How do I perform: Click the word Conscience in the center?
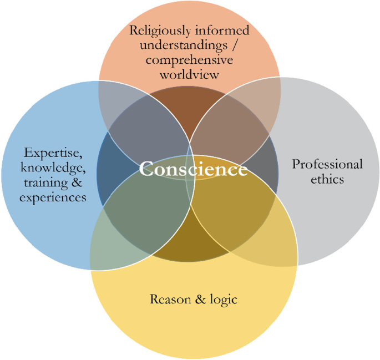click(193, 169)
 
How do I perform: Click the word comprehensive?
click(190, 60)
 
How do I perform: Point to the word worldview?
click(189, 74)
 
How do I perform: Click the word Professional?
click(327, 164)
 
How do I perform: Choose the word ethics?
click(327, 179)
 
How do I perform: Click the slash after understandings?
click(230, 45)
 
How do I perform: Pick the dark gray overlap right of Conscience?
click(269, 166)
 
